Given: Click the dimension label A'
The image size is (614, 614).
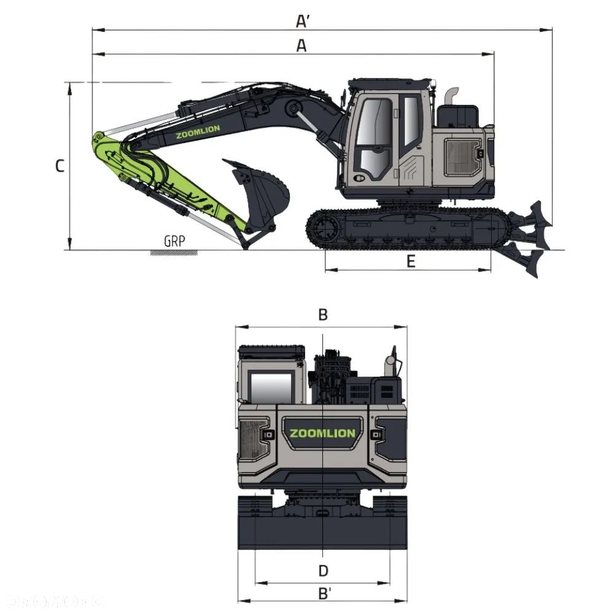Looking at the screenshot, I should [302, 21].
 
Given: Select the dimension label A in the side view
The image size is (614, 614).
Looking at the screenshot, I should [301, 45].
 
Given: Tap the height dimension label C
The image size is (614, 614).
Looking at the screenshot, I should [60, 166].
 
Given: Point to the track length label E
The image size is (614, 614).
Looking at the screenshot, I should [411, 262].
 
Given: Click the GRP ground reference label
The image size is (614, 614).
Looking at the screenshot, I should [174, 240].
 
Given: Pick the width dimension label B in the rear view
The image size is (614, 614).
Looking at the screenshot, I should [323, 315].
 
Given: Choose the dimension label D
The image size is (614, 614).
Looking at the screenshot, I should [324, 570].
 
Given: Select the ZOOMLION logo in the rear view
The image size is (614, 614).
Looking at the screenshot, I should [322, 433].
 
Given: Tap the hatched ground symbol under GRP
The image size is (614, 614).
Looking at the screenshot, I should [174, 252].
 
